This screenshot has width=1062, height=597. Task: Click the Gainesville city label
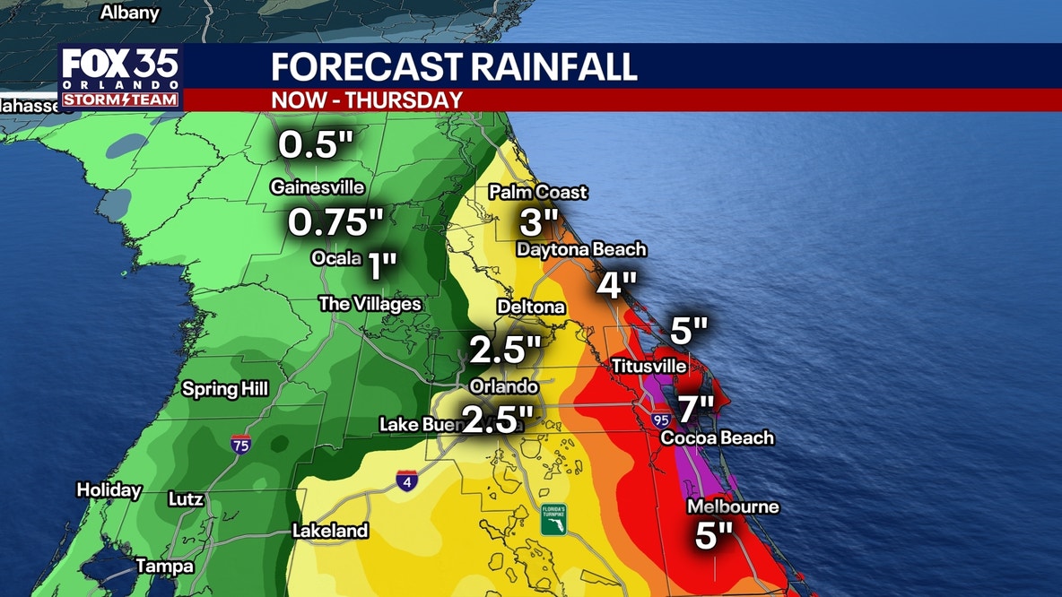318,187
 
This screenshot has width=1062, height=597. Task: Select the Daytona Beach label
581,250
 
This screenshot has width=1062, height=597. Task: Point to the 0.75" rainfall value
335,222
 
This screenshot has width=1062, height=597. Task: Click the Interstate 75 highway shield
239,443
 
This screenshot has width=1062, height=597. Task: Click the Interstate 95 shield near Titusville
661,418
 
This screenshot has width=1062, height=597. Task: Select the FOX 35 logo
121,77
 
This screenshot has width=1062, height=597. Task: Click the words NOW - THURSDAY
367,99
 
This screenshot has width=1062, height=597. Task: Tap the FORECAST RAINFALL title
454,67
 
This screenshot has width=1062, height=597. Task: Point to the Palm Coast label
538,192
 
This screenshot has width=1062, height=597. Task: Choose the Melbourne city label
733,507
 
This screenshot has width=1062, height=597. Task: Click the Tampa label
164,567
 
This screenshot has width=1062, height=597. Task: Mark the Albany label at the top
130,13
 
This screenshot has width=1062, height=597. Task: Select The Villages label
370,304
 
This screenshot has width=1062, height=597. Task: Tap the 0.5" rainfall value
310,145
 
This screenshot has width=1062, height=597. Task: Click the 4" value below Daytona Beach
617,285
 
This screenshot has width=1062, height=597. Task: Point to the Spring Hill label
225,389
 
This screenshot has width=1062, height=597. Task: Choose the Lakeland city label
330,531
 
